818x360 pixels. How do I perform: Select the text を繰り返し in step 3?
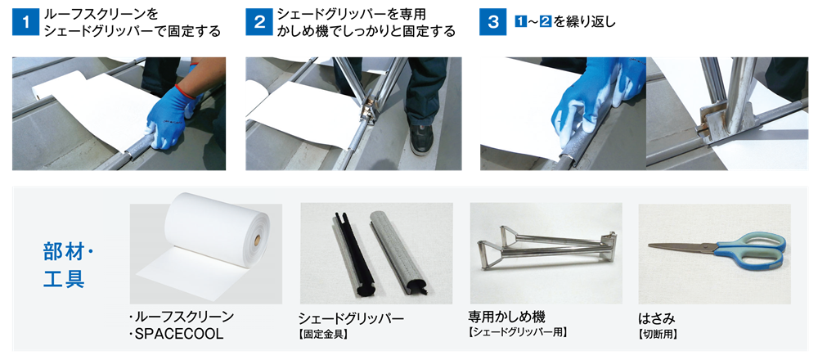pyautogui.click(x=584, y=22)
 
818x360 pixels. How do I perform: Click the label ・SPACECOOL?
pyautogui.click(x=177, y=334)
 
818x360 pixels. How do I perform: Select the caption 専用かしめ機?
pyautogui.click(x=504, y=317)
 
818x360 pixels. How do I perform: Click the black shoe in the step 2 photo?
pyautogui.click(x=420, y=139)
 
